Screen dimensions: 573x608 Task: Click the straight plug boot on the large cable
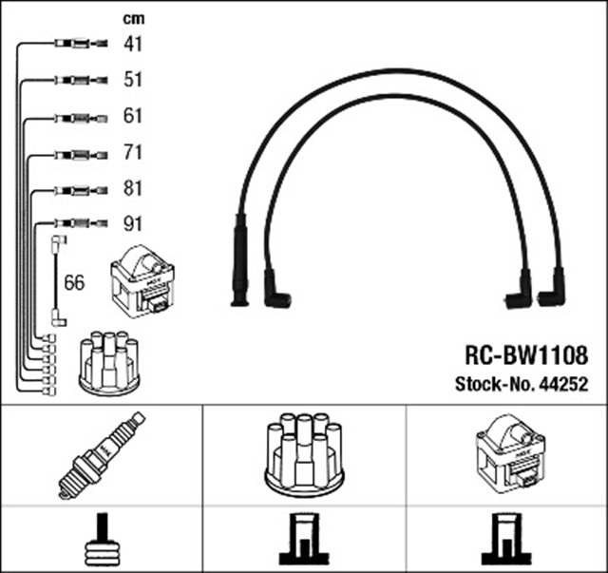tap(239, 261)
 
